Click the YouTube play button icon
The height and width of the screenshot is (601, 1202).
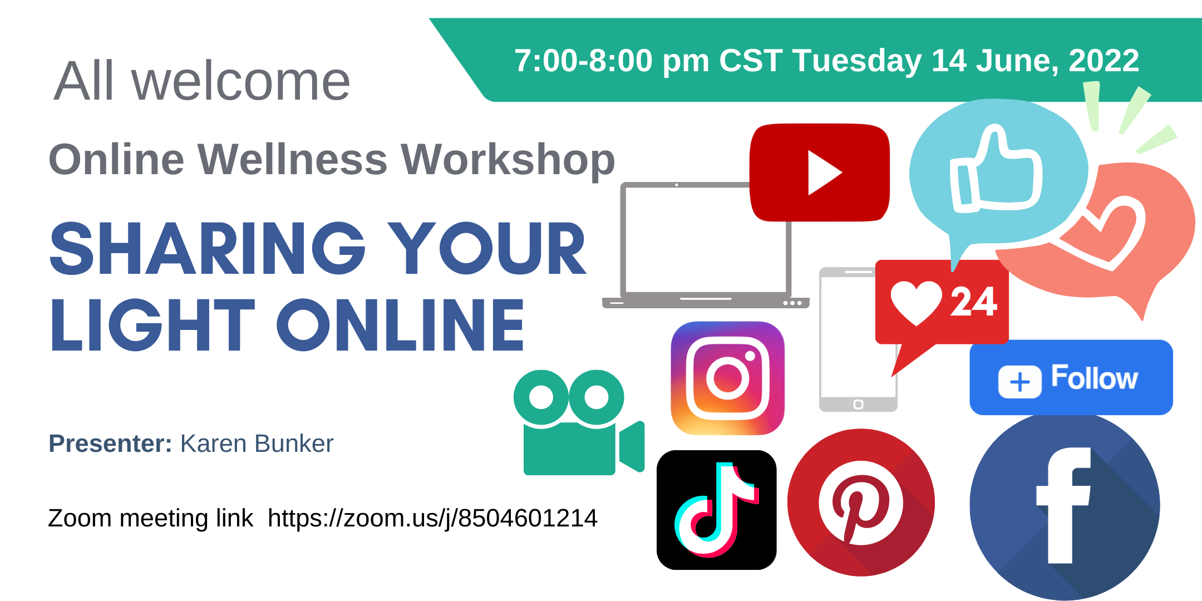(820, 173)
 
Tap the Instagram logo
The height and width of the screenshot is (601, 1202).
(728, 378)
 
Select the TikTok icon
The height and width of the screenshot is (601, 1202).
(717, 510)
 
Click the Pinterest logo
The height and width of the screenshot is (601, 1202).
(861, 503)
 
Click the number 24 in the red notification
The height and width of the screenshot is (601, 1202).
(973, 302)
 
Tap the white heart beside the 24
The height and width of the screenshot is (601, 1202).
(916, 303)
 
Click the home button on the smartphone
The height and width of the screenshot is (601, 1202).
(858, 405)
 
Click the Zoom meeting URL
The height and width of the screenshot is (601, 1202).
(432, 519)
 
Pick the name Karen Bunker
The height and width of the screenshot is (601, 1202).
(257, 444)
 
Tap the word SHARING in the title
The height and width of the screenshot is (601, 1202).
(208, 248)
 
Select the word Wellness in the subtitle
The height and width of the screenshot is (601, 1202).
(292, 159)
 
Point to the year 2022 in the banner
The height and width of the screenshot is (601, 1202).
(1104, 60)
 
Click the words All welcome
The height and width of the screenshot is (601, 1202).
(202, 81)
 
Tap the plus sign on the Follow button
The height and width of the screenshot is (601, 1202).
(1020, 382)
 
